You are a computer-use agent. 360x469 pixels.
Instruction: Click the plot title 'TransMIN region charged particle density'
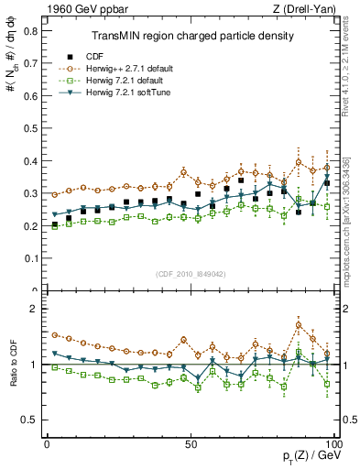(191, 37)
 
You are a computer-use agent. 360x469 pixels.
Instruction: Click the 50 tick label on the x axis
(191, 443)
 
